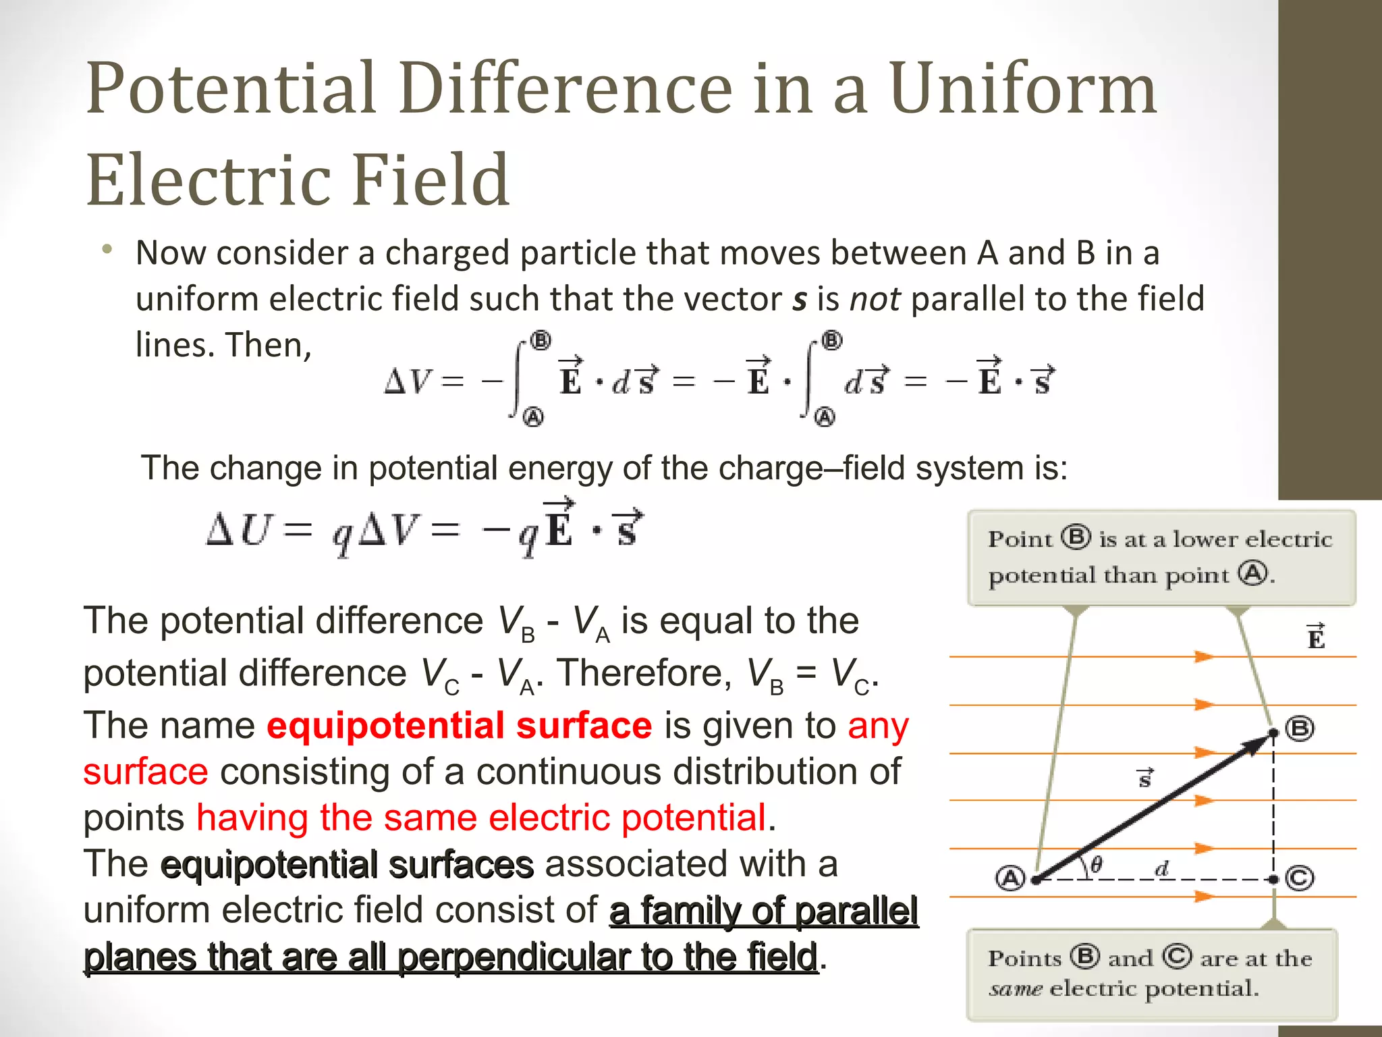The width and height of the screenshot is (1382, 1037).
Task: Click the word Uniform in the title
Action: tap(1023, 89)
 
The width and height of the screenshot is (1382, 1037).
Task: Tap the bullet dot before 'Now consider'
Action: tap(107, 250)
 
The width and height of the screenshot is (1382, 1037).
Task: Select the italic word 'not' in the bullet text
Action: tap(875, 299)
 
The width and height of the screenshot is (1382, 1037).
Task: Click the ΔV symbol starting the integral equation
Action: tap(407, 381)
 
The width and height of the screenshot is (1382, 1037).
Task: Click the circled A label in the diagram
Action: tap(1010, 878)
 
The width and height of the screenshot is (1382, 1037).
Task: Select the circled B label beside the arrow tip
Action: tap(1300, 729)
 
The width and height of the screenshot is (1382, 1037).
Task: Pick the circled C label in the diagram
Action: tap(1300, 878)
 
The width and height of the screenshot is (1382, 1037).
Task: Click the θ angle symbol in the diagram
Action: tap(1097, 865)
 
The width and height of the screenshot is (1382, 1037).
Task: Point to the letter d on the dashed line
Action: tap(1162, 868)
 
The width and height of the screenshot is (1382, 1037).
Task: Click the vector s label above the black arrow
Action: tap(1145, 778)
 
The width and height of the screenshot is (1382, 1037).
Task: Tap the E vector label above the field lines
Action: tap(1316, 637)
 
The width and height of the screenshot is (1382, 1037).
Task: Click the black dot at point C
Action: tap(1273, 879)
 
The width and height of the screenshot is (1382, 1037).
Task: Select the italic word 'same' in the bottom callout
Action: tap(1015, 990)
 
